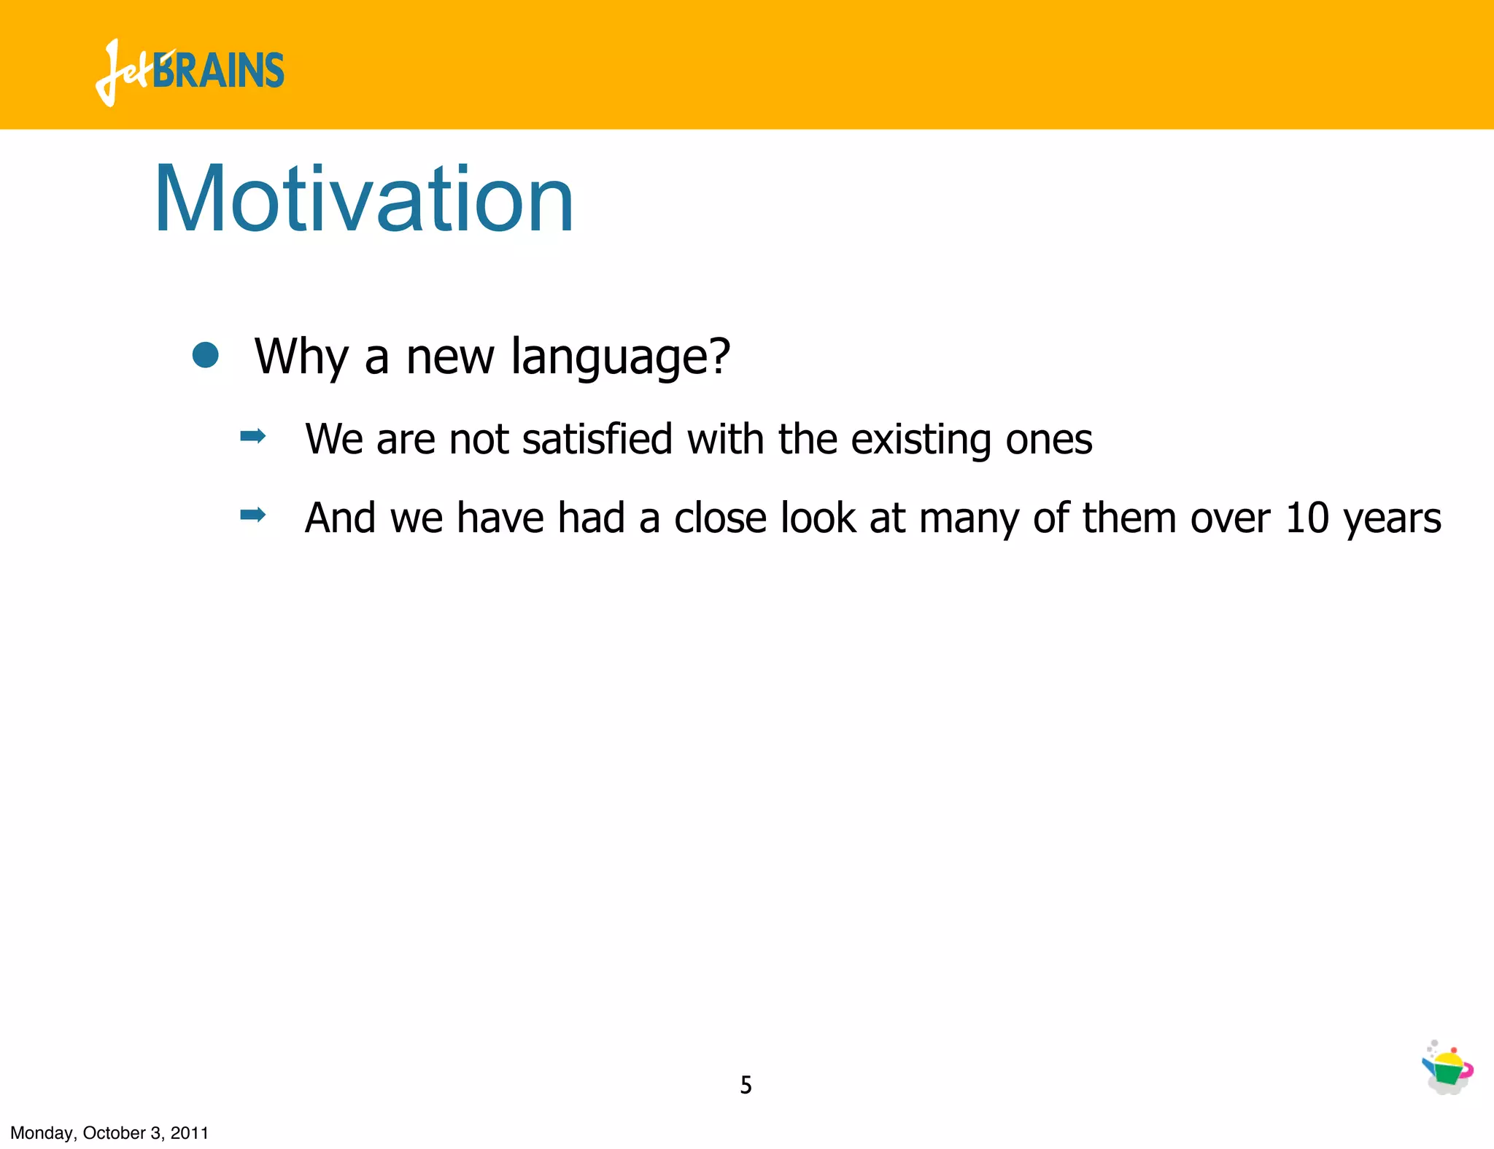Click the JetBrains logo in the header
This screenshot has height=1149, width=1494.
coord(190,71)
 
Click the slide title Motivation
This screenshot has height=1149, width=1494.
coord(363,199)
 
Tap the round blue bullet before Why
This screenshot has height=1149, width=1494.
coord(206,356)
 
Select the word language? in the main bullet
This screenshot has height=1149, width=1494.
coord(620,357)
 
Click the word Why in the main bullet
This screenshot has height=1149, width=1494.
coord(301,357)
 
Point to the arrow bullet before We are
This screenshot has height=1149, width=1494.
coord(252,437)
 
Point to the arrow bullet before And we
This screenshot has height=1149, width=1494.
coord(252,515)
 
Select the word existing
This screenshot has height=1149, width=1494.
coord(921,440)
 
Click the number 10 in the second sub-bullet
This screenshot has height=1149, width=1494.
coord(1307,518)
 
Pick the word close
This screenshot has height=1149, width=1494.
coord(720,518)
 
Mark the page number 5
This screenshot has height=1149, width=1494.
coord(746,1085)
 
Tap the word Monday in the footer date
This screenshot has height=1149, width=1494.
coord(41,1133)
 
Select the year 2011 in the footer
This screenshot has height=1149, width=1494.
coord(189,1133)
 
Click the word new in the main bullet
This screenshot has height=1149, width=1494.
coord(449,358)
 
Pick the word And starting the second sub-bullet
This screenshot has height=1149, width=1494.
coord(340,518)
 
